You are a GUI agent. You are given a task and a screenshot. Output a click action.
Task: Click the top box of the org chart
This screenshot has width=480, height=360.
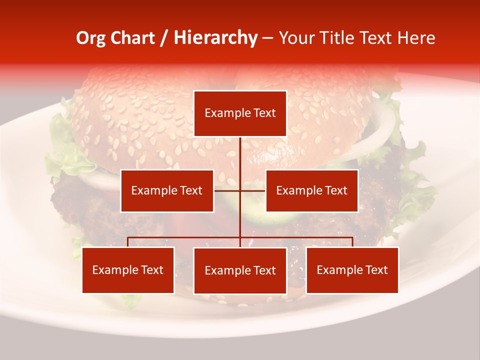click(x=240, y=113)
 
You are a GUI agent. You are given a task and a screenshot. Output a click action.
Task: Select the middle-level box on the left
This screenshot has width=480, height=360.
click(x=167, y=190)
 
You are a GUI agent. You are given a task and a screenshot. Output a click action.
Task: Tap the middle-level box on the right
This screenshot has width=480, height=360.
click(x=311, y=190)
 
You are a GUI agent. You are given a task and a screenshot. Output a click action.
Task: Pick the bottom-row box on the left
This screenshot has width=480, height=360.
click(x=128, y=270)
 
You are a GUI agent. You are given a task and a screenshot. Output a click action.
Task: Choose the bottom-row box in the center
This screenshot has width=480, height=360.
click(x=240, y=270)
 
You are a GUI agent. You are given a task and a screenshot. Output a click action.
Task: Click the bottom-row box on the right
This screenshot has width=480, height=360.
click(x=352, y=270)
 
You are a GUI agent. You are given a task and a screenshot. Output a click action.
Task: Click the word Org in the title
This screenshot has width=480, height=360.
click(x=90, y=38)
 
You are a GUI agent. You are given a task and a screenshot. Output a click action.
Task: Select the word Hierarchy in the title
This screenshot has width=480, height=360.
click(x=215, y=38)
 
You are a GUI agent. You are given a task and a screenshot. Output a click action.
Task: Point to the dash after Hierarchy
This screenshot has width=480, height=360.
click(x=267, y=38)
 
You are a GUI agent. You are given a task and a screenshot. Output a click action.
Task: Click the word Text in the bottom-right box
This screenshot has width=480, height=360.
click(x=376, y=270)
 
